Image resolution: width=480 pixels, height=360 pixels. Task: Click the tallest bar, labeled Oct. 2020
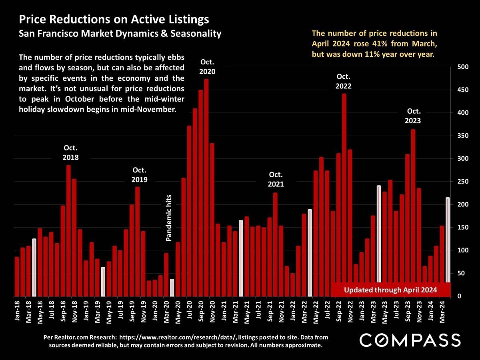point(206,188)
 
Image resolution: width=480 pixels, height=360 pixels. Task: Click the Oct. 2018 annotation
point(71,152)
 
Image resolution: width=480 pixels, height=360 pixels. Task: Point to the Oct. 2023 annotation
point(414,116)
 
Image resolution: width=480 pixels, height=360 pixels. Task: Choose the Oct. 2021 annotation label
point(276,179)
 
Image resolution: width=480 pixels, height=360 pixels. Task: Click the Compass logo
point(410,340)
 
